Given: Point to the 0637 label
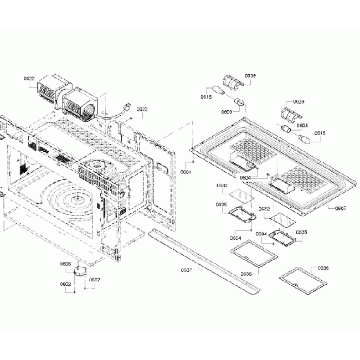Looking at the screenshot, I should click(186, 270).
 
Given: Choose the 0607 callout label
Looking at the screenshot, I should click(341, 208).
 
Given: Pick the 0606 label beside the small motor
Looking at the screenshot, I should click(65, 264).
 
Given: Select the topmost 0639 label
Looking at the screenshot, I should click(250, 75).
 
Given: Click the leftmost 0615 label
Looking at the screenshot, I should click(206, 97).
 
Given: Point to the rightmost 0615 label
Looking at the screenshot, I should click(320, 133).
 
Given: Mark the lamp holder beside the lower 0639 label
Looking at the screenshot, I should click(290, 114).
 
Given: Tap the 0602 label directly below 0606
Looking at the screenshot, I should click(65, 285).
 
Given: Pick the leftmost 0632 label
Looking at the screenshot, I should click(222, 186).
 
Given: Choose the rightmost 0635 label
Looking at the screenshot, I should click(301, 232).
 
